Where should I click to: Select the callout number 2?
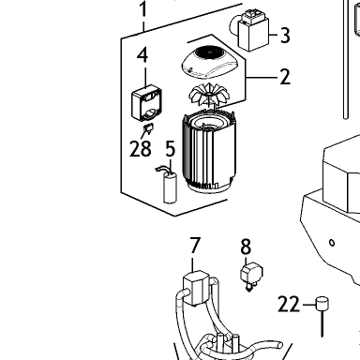(285, 77)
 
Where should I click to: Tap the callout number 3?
(285, 35)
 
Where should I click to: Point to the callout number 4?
(142, 55)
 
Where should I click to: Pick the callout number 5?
(171, 148)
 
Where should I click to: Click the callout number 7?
(194, 246)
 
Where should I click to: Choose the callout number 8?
(246, 247)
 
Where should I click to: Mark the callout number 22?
(289, 305)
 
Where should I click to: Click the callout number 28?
(141, 149)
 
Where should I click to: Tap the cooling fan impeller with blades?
(208, 96)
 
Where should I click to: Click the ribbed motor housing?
(208, 152)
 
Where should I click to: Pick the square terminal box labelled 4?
(146, 103)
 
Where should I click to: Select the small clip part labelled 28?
(148, 128)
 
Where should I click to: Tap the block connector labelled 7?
(196, 288)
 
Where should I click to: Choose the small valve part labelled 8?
(251, 276)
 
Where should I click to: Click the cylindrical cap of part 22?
(322, 304)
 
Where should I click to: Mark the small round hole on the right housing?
(332, 243)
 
